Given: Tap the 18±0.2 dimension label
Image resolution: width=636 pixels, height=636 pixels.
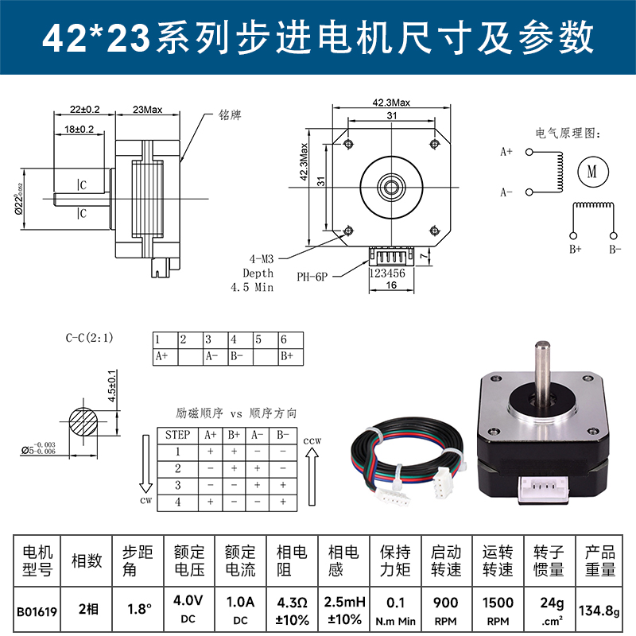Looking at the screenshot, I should [x=79, y=128].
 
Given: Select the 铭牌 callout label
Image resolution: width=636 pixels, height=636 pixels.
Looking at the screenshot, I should [x=229, y=115].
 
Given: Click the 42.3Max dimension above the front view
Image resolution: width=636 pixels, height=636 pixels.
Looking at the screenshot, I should [x=390, y=103].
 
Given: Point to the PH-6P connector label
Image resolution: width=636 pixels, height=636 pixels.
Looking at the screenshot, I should [x=312, y=277].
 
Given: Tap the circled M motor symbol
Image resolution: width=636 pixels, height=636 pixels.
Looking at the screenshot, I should [x=591, y=169].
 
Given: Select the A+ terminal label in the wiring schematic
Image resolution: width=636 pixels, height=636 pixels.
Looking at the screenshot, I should [x=506, y=151].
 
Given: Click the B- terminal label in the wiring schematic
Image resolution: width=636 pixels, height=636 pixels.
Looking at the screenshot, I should [x=615, y=249].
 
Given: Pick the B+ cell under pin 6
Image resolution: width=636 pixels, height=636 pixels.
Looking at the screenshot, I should [x=287, y=356].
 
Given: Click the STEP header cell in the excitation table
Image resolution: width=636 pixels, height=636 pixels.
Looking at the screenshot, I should [x=176, y=435].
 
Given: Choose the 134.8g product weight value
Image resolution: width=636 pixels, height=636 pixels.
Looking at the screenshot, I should [x=600, y=611].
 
